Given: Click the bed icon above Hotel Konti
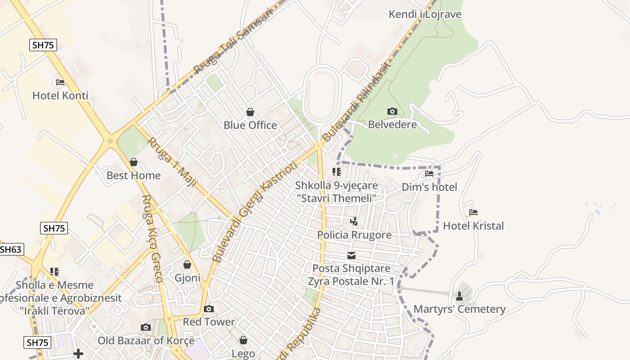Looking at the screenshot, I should (x=60, y=82).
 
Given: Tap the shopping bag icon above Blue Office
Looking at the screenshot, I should (x=250, y=112).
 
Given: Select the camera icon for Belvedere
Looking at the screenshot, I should (x=392, y=111).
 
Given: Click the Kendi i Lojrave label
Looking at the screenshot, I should (x=425, y=14).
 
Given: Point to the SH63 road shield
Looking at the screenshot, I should (x=11, y=249).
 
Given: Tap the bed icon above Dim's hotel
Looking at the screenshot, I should (x=429, y=173).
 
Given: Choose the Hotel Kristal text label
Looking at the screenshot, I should (x=473, y=225).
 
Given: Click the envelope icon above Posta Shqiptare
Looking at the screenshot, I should (x=351, y=256).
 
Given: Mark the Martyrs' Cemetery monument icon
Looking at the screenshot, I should (x=459, y=296).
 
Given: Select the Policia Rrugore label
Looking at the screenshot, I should (x=354, y=234).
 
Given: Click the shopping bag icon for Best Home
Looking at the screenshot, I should (x=134, y=162).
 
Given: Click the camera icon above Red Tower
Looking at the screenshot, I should (x=209, y=309).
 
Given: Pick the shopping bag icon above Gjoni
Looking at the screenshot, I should (x=187, y=265).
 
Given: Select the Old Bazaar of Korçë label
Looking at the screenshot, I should (x=146, y=340).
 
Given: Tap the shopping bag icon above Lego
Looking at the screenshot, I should (x=243, y=340).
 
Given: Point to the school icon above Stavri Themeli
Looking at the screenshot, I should (x=337, y=171).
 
